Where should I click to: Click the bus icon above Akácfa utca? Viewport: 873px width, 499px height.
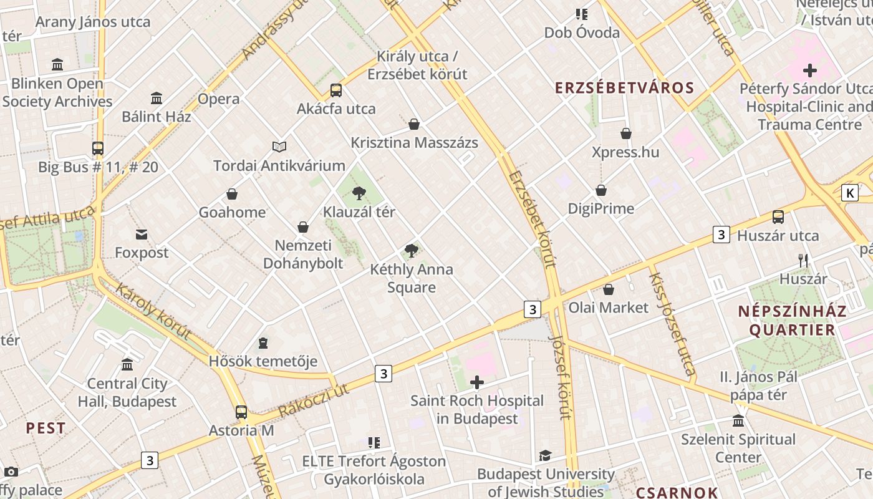point(336,90)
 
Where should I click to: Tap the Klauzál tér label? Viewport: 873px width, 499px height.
point(359,212)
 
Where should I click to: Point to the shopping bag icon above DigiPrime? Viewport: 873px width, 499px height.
point(601,190)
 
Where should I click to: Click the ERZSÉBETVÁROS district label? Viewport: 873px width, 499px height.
point(625,88)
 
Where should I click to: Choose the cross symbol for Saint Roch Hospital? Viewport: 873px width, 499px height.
point(477,382)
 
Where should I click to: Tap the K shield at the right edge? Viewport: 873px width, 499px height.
point(849,193)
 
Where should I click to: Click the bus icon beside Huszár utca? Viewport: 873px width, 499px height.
point(778,217)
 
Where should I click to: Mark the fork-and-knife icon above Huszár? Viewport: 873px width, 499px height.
point(803,261)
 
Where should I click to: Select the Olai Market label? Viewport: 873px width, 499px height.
point(609,308)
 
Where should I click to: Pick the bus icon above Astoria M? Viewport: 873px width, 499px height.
point(241,412)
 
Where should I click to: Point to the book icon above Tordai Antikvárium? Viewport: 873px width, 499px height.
point(279,147)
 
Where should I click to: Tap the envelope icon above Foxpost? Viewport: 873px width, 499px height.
point(142,235)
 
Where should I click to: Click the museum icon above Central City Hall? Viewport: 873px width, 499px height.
point(127,365)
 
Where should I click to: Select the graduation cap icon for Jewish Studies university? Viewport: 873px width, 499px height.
point(546,456)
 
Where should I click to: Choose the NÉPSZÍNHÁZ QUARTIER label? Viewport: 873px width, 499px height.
point(792,321)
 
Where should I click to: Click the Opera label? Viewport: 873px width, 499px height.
point(219,99)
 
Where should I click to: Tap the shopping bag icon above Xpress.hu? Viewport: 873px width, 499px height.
point(626,133)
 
